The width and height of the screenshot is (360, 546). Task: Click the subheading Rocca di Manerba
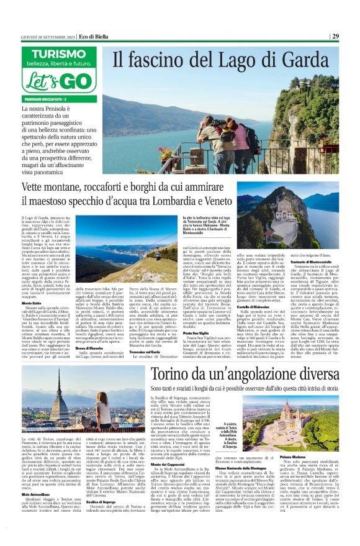point(89,330)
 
